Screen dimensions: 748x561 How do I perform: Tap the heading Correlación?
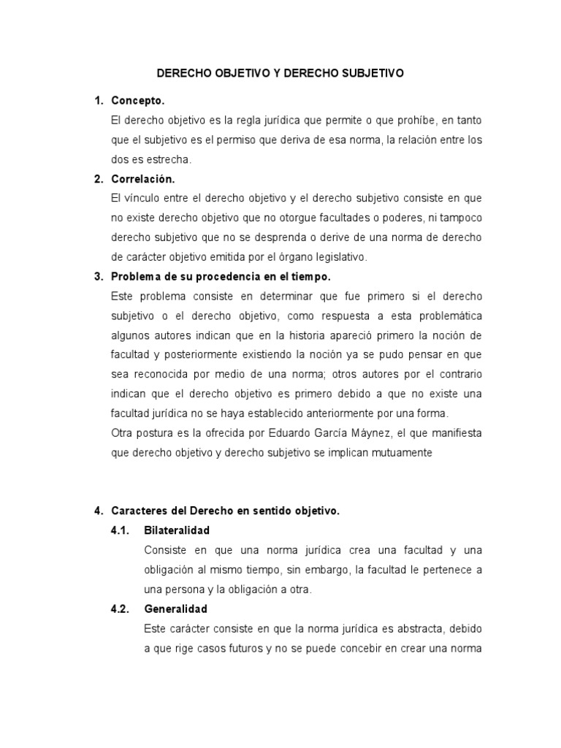coord(143,179)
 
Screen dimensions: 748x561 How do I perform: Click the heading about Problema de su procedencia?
coord(222,277)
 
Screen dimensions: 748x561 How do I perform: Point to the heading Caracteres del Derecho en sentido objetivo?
coord(225,511)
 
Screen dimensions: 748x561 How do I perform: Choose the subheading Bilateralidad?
coord(177,530)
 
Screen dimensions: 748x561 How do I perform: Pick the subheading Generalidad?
coord(176,608)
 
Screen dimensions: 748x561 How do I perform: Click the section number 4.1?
coord(121,530)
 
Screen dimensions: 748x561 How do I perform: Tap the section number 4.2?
coord(121,608)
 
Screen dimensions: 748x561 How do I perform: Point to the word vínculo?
coord(148,198)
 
